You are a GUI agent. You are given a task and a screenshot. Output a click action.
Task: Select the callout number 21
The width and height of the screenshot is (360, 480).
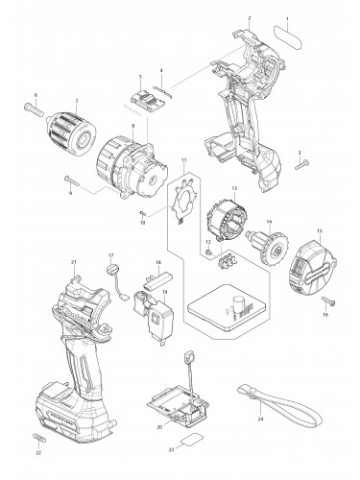pyautogui.click(x=74, y=263)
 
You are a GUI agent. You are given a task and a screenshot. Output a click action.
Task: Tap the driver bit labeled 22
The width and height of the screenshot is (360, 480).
pyautogui.click(x=38, y=439)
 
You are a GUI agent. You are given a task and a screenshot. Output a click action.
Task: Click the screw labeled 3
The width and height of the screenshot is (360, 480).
pyautogui.click(x=299, y=164)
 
